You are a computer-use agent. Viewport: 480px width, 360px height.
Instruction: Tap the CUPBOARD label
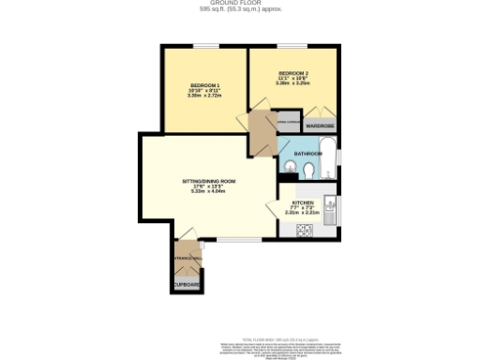click(186, 283)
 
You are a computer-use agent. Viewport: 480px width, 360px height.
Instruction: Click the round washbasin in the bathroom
click(308, 171)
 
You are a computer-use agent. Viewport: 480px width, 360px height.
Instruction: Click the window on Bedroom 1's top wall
click(204, 46)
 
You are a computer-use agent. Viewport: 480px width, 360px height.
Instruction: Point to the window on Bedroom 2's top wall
click(290, 46)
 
